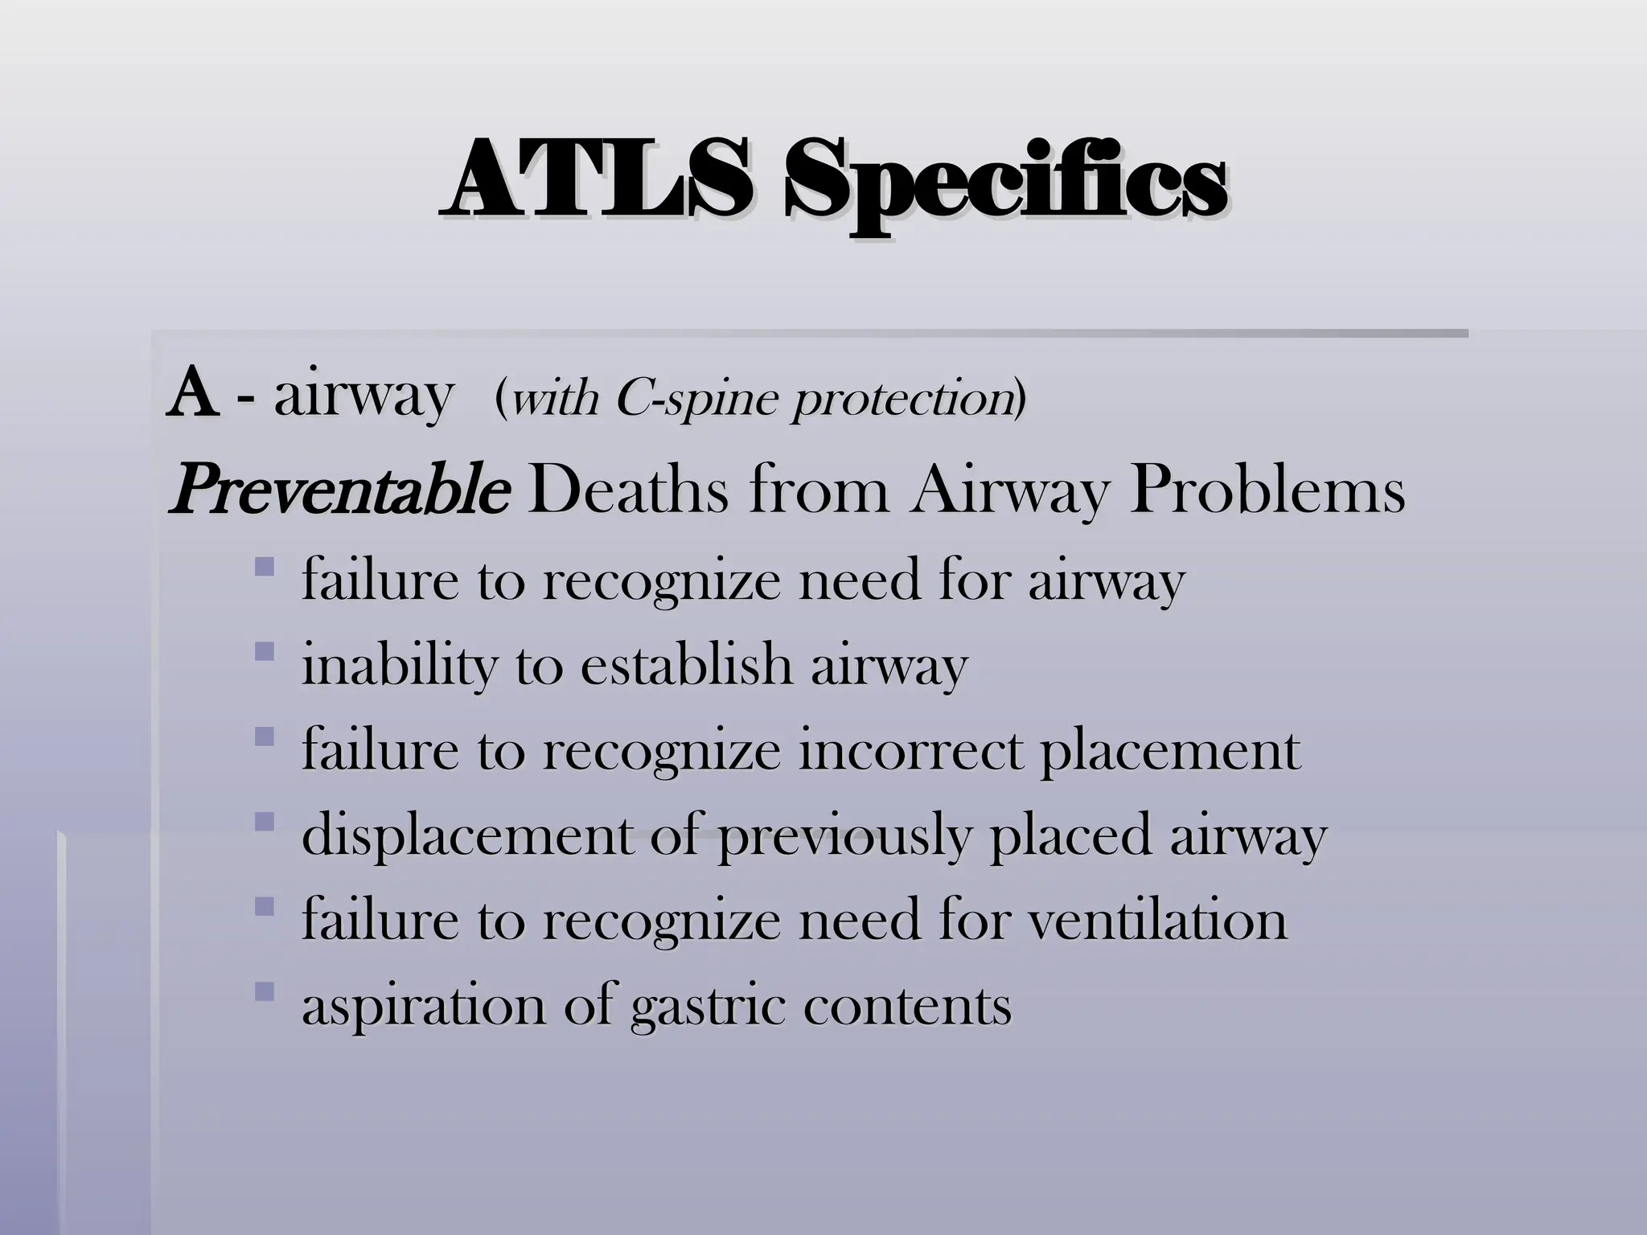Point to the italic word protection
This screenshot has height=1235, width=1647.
pos(902,400)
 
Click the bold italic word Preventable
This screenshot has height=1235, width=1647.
pos(338,490)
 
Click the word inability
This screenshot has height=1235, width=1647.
pos(399,666)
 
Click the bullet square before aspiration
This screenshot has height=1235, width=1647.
pos(264,993)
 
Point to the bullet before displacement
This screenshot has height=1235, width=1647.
pos(264,822)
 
